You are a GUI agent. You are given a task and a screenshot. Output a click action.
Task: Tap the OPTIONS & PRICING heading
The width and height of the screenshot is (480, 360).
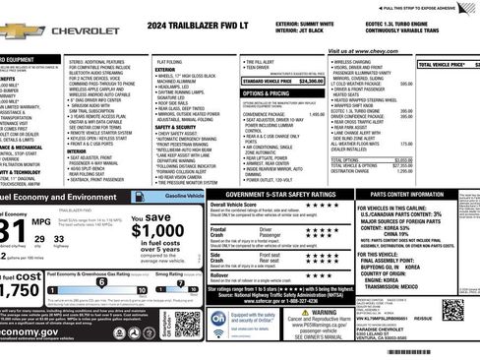[x=266, y=93]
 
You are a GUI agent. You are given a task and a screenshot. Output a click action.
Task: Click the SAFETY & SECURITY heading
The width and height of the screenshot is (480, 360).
[x=175, y=127]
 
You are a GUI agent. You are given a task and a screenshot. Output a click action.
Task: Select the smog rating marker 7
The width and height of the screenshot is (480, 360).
[x=179, y=281]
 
